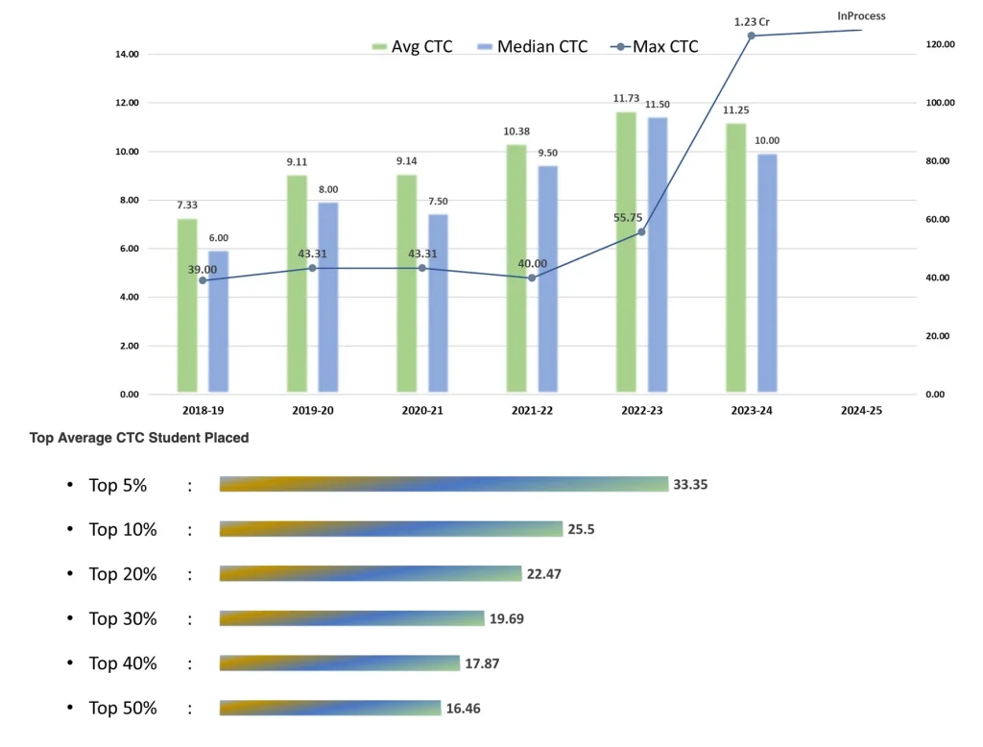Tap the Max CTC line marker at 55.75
(641, 231)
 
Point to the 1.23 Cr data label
(752, 21)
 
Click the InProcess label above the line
(861, 15)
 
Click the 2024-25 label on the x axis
(860, 409)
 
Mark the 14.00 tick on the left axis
(127, 55)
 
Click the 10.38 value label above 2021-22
(516, 132)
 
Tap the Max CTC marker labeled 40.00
(532, 277)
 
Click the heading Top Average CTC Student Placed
(139, 438)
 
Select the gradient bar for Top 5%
(443, 484)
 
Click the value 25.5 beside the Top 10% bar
(581, 529)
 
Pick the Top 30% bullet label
(122, 618)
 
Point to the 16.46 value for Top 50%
(463, 708)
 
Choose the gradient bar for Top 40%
(339, 663)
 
